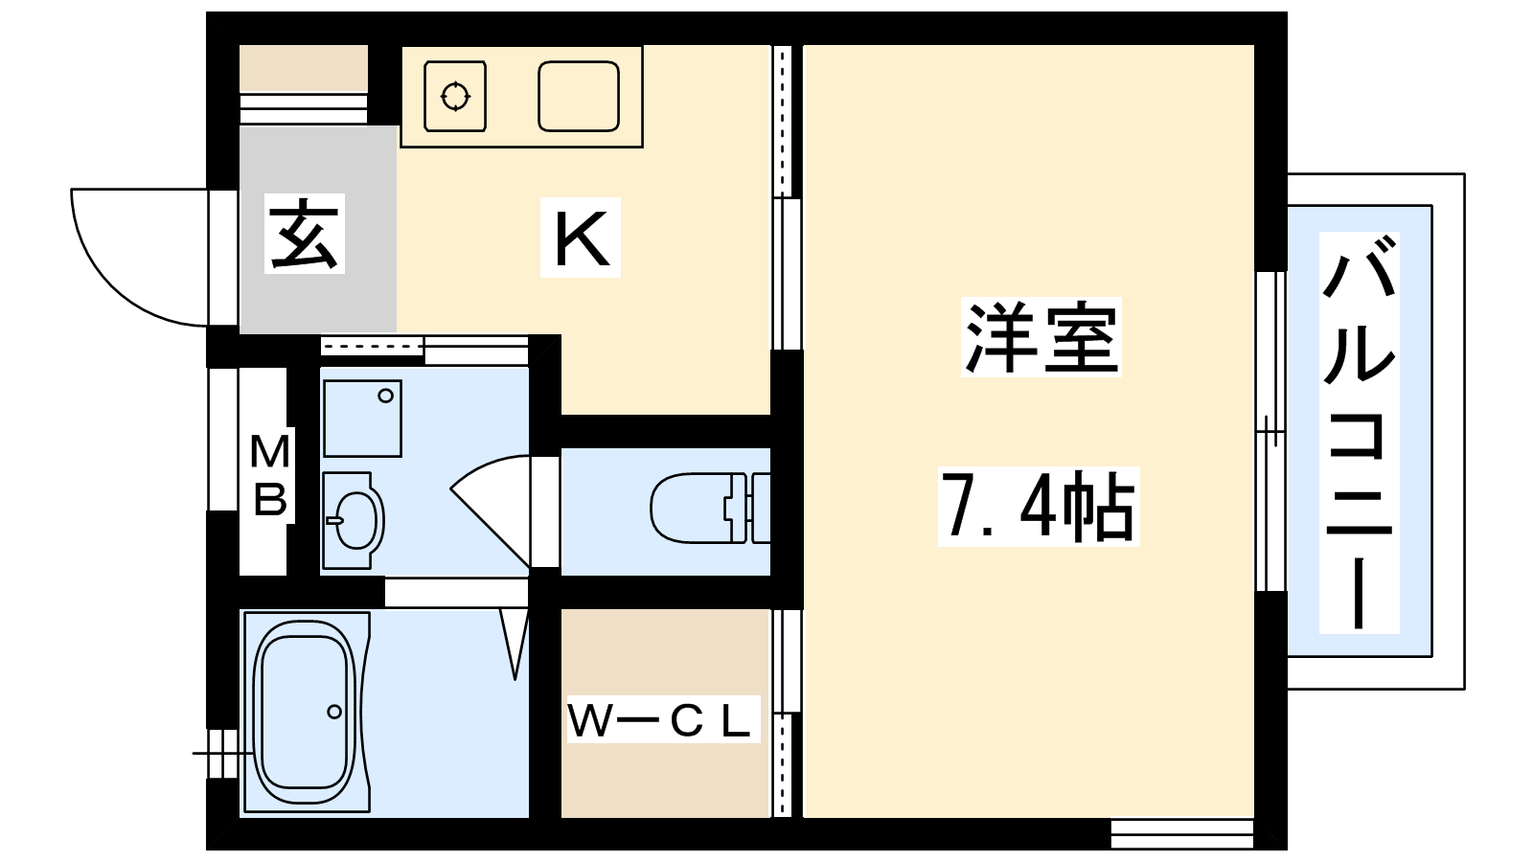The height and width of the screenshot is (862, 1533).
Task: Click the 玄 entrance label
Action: point(305,235)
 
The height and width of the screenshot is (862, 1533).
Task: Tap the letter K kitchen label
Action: point(581,238)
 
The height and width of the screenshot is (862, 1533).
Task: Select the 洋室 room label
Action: point(1041,337)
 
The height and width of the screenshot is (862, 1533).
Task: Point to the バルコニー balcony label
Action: point(1359,433)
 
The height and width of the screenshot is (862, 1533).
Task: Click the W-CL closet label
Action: point(660,720)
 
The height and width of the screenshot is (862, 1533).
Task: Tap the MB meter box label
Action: point(269,476)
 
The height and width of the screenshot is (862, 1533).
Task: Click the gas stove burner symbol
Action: point(455,96)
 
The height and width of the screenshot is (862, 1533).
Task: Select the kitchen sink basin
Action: point(578,96)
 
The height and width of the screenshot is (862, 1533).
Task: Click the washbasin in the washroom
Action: point(354,520)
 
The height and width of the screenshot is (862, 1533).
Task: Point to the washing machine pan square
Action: point(362,418)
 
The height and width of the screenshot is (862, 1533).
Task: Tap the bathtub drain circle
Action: point(334,712)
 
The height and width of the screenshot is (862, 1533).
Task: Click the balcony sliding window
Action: point(1270,431)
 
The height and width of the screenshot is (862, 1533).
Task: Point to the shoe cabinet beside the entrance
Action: point(303,69)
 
